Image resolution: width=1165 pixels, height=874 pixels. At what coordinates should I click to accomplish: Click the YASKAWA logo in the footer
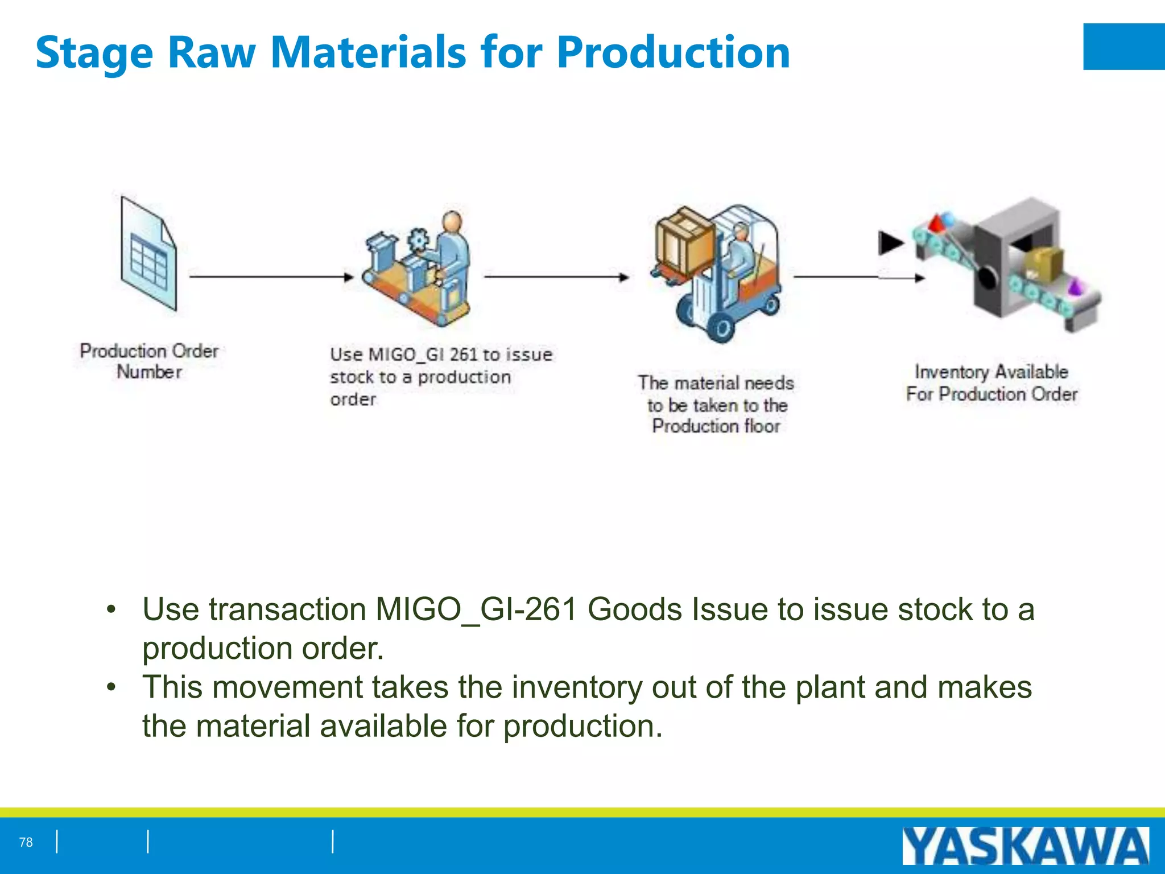coord(1025,846)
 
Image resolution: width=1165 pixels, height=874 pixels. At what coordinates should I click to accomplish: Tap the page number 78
coord(26,842)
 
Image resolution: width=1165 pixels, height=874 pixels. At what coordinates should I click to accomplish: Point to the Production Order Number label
coord(149,361)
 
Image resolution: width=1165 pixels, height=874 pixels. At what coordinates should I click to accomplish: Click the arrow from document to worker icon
coord(271,277)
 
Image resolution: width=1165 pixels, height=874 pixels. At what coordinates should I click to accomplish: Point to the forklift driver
coord(740,250)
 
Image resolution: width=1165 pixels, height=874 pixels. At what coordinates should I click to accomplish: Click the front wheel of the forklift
coord(721,328)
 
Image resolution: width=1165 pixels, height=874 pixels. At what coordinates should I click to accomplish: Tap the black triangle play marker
coord(890,243)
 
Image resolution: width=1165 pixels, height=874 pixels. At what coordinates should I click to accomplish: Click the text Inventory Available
coord(991,372)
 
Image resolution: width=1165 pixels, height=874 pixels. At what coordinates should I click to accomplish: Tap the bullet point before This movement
coord(111,687)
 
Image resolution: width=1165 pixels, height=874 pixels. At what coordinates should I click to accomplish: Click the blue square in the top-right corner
coord(1123,47)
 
